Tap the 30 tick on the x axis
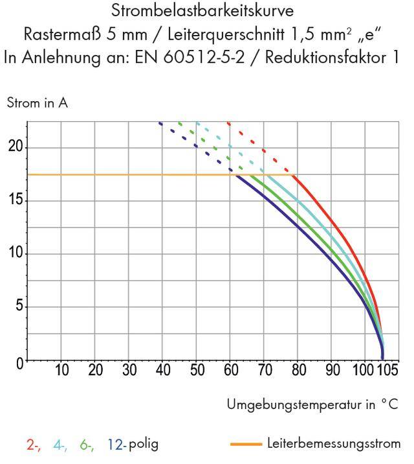click(129, 370)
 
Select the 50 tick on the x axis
click(197, 370)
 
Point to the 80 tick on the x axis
click(298, 370)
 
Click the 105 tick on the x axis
click(387, 370)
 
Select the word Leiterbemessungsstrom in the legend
click(333, 443)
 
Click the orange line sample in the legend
click(246, 444)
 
